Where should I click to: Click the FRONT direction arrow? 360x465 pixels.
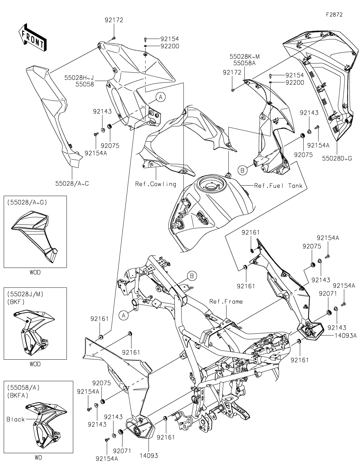click(x=32, y=37)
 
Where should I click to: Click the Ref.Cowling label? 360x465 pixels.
click(x=156, y=184)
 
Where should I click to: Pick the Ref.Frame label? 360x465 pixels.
click(x=226, y=301)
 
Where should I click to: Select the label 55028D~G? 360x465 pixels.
click(x=337, y=158)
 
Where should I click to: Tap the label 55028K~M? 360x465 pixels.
click(x=245, y=56)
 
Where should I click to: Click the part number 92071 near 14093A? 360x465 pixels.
click(x=328, y=294)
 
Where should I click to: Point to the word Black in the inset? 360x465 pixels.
click(x=16, y=419)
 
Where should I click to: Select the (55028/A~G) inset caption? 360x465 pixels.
click(x=27, y=202)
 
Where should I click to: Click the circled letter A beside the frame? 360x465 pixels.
click(x=124, y=315)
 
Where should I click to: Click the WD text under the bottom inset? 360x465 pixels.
click(x=38, y=458)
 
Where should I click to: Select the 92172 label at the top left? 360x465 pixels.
click(x=113, y=20)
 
